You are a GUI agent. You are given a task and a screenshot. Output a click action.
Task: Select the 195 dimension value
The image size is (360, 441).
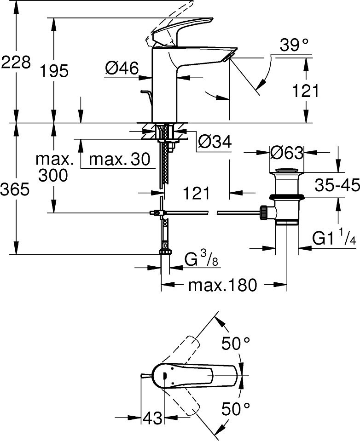pyautogui.click(x=54, y=71)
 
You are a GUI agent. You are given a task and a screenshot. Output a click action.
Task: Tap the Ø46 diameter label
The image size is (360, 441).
pyautogui.click(x=122, y=69)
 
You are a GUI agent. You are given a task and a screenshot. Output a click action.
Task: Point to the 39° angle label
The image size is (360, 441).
pyautogui.click(x=294, y=45)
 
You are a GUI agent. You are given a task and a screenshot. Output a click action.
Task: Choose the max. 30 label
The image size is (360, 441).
pyautogui.click(x=119, y=160)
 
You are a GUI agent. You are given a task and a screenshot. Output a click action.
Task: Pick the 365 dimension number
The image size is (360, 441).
pyautogui.click(x=16, y=189)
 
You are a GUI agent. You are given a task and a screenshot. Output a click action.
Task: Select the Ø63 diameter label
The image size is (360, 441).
pyautogui.click(x=287, y=152)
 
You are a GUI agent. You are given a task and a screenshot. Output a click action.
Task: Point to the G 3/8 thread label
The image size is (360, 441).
pyautogui.click(x=201, y=260)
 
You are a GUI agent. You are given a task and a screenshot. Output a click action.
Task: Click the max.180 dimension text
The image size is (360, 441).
pyautogui.click(x=222, y=285)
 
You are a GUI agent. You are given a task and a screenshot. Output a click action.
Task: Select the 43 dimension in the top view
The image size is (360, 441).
pyautogui.click(x=153, y=418)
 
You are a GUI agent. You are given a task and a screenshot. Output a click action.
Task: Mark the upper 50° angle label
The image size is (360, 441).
pyautogui.click(x=236, y=344)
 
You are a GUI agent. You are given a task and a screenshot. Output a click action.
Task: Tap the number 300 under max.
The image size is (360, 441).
pyautogui.click(x=53, y=175)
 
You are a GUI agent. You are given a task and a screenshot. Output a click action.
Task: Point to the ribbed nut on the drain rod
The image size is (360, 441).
pyautogui.click(x=264, y=212)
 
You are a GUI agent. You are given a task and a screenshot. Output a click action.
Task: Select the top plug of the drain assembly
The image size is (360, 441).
pyautogui.click(x=287, y=172)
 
